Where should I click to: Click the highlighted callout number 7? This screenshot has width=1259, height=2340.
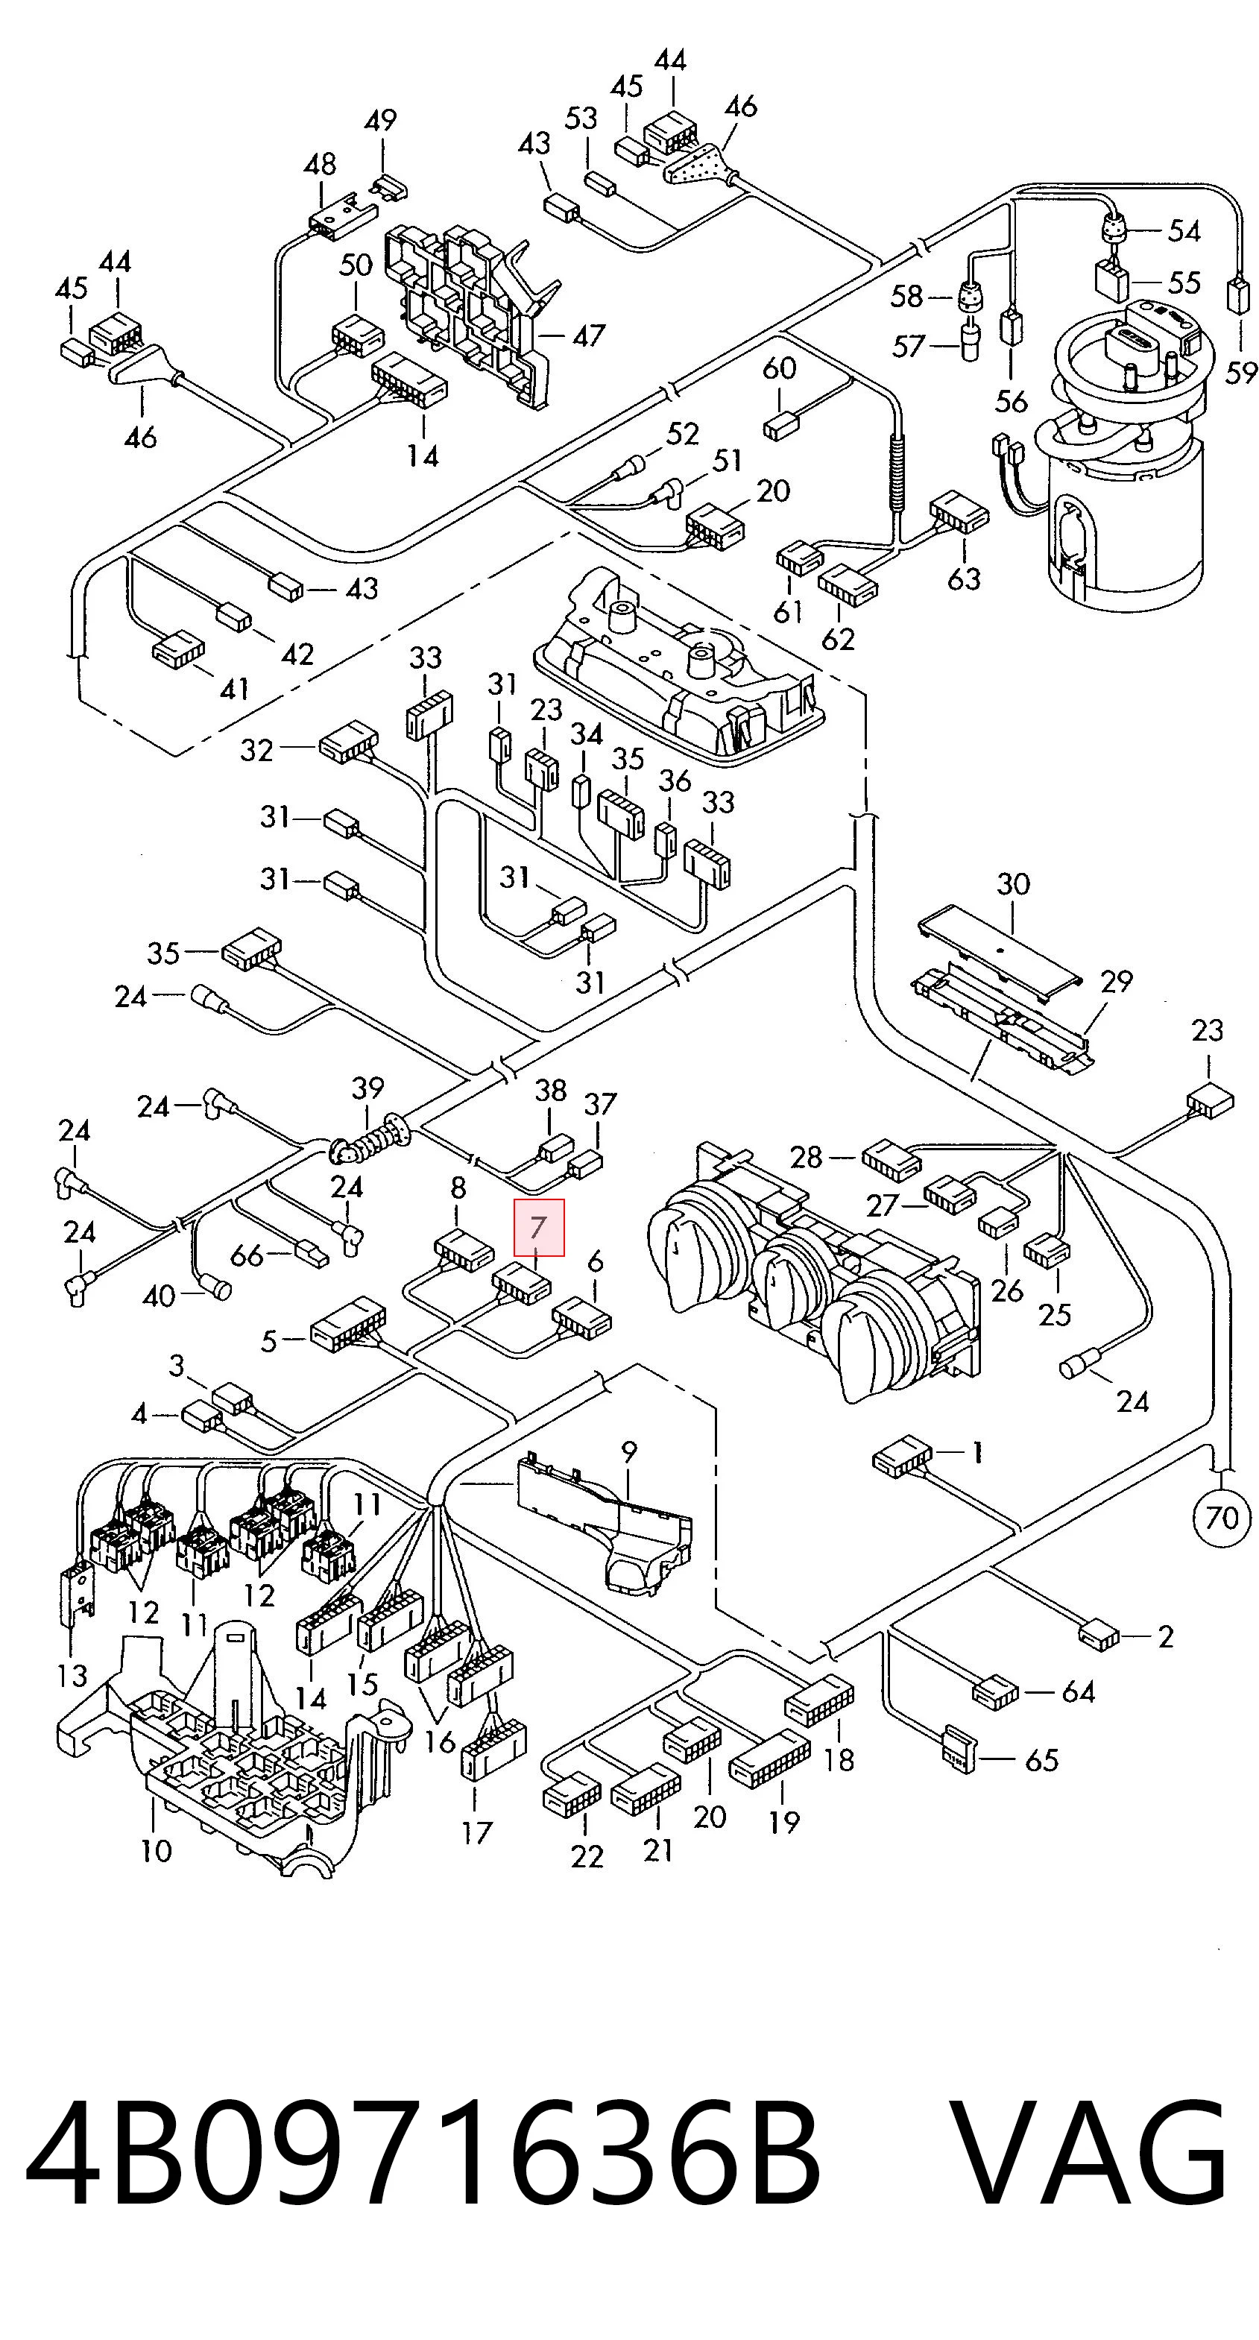click(x=539, y=1228)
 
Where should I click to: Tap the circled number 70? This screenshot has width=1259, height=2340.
click(x=1222, y=1516)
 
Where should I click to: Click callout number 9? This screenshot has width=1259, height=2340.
click(x=628, y=1451)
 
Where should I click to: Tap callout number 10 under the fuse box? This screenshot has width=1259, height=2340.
click(x=157, y=1850)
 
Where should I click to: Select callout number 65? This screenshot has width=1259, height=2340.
click(x=1041, y=1759)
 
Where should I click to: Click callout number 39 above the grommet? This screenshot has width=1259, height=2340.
click(x=368, y=1088)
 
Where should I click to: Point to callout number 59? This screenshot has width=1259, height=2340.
click(x=1241, y=373)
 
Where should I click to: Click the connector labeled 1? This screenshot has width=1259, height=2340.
click(x=902, y=1456)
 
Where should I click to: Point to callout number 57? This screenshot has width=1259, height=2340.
click(x=909, y=346)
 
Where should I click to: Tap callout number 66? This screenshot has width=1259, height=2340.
click(x=247, y=1255)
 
